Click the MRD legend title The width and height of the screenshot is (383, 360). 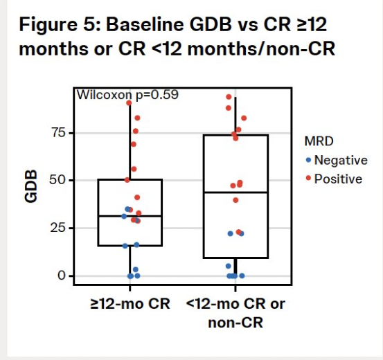pyautogui.click(x=319, y=141)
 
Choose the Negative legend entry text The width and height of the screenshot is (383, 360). pyautogui.click(x=340, y=160)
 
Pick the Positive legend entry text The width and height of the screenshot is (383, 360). pyautogui.click(x=337, y=179)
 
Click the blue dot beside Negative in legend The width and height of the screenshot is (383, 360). pyautogui.click(x=308, y=160)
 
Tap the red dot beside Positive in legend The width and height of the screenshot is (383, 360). pyautogui.click(x=308, y=179)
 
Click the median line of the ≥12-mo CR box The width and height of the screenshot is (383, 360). pyautogui.click(x=130, y=216)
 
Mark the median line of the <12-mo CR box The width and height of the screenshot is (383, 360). pyautogui.click(x=235, y=192)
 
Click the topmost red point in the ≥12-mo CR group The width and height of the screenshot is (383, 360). pyautogui.click(x=129, y=103)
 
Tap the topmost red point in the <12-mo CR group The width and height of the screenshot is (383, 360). pyautogui.click(x=229, y=97)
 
